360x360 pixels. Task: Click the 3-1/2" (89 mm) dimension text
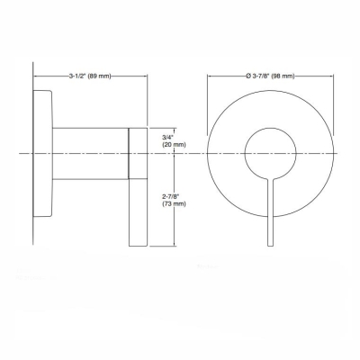click(x=91, y=77)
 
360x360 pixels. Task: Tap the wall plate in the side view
click(x=43, y=154)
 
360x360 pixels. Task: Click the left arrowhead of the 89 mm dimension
click(x=36, y=77)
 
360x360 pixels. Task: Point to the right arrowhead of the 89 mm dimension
click(x=145, y=77)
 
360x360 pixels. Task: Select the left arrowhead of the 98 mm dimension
click(x=211, y=77)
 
